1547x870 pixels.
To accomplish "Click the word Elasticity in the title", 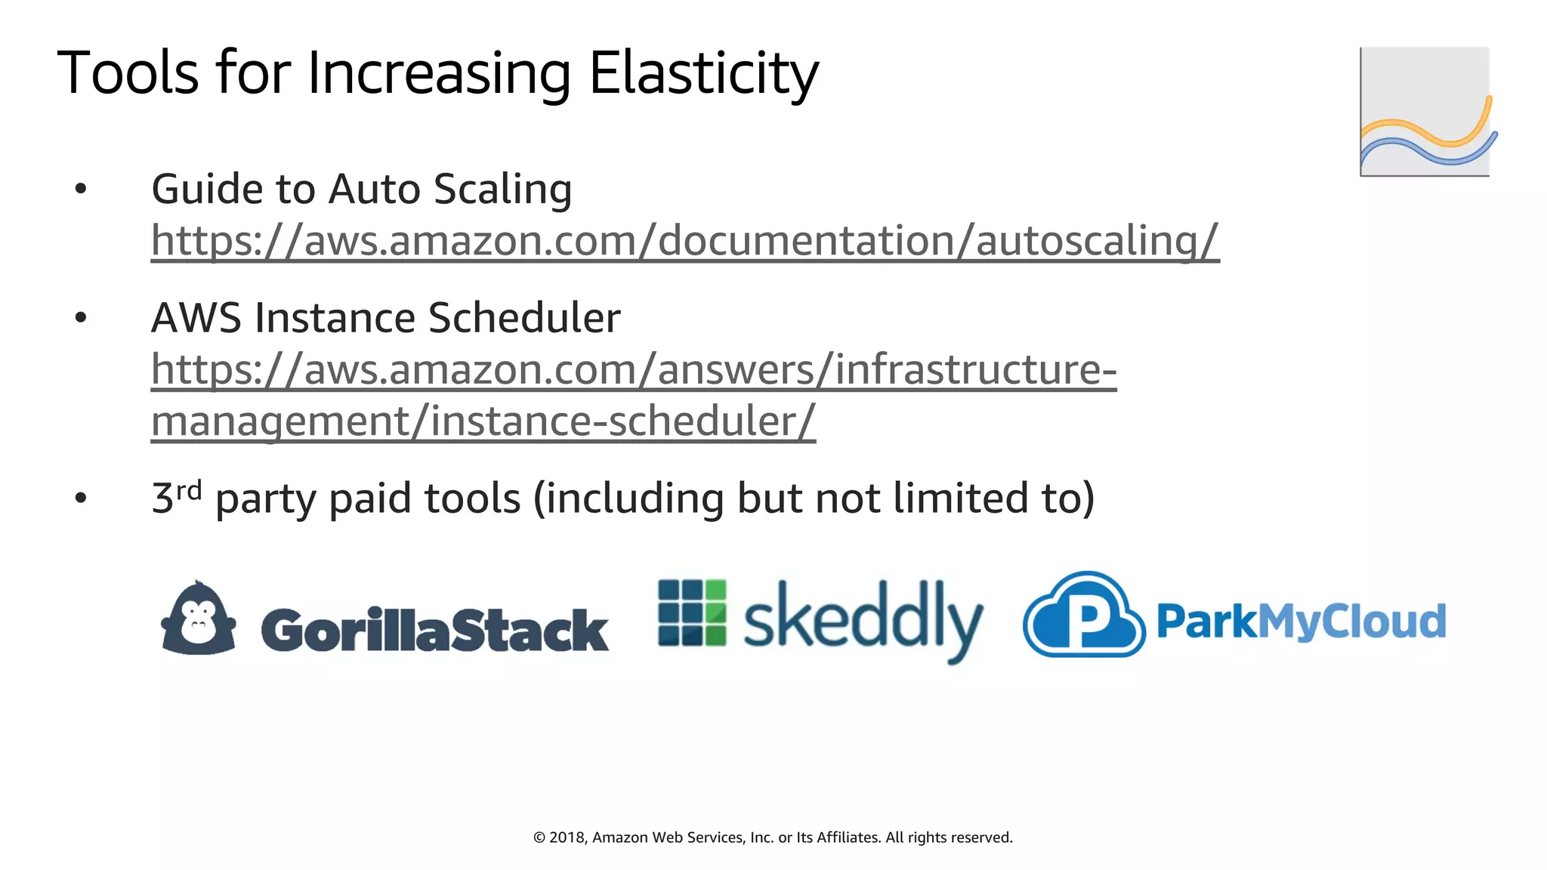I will click(702, 74).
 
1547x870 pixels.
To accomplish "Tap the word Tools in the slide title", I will click(127, 74).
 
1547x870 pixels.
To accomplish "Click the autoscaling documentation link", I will click(684, 241).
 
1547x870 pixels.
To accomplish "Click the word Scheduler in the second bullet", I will click(524, 318).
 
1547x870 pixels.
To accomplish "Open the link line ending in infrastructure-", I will click(633, 370).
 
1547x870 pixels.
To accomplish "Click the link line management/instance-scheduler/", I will click(483, 421).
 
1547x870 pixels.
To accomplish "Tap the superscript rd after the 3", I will click(189, 490).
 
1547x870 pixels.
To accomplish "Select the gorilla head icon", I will click(199, 618).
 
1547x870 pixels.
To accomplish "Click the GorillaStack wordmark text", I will click(434, 630).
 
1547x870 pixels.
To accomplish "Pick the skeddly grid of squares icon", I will click(692, 612).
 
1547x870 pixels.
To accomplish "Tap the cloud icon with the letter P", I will click(1084, 615).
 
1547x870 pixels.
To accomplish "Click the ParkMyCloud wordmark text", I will click(1301, 622).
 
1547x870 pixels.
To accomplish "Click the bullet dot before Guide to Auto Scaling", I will click(81, 189).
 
